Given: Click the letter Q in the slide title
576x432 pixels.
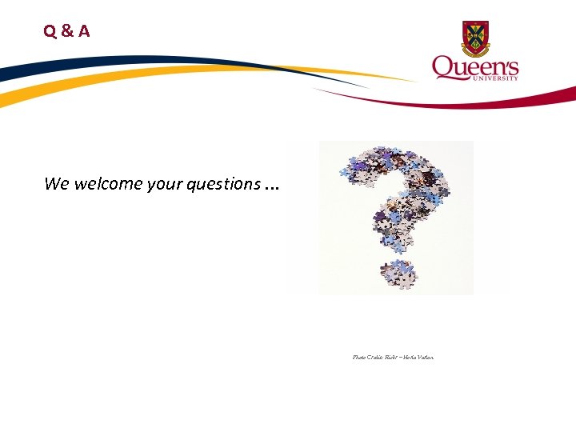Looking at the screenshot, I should click(x=50, y=32).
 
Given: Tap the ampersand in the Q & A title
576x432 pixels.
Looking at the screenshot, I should click(x=66, y=32).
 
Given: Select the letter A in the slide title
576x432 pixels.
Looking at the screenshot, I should click(x=83, y=32).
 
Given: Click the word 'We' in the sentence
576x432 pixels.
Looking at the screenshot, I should click(x=57, y=184).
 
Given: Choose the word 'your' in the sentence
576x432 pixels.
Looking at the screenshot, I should click(x=163, y=185).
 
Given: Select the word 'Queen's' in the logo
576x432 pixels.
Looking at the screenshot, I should click(x=475, y=67).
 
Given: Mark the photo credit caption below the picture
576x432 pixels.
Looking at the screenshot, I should click(x=393, y=357).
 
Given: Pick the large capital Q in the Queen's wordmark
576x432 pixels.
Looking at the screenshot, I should click(x=444, y=67).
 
